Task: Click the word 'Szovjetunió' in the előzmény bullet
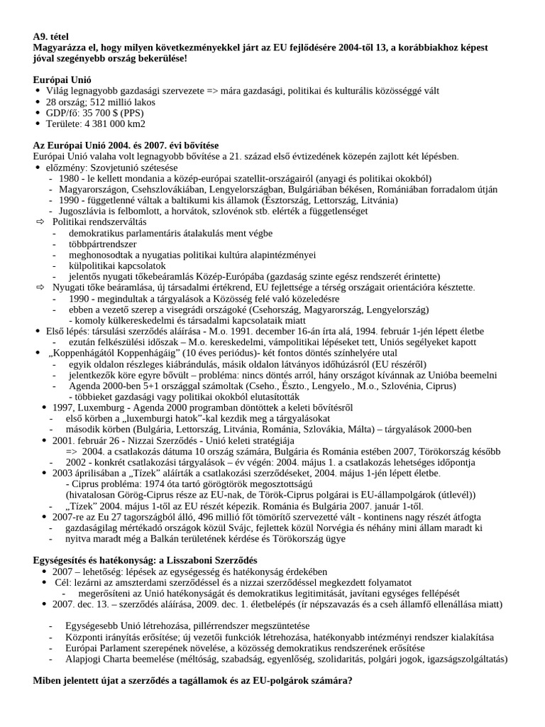(x=114, y=167)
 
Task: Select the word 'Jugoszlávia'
(x=86, y=211)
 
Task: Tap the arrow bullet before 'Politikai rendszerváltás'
(x=40, y=222)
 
